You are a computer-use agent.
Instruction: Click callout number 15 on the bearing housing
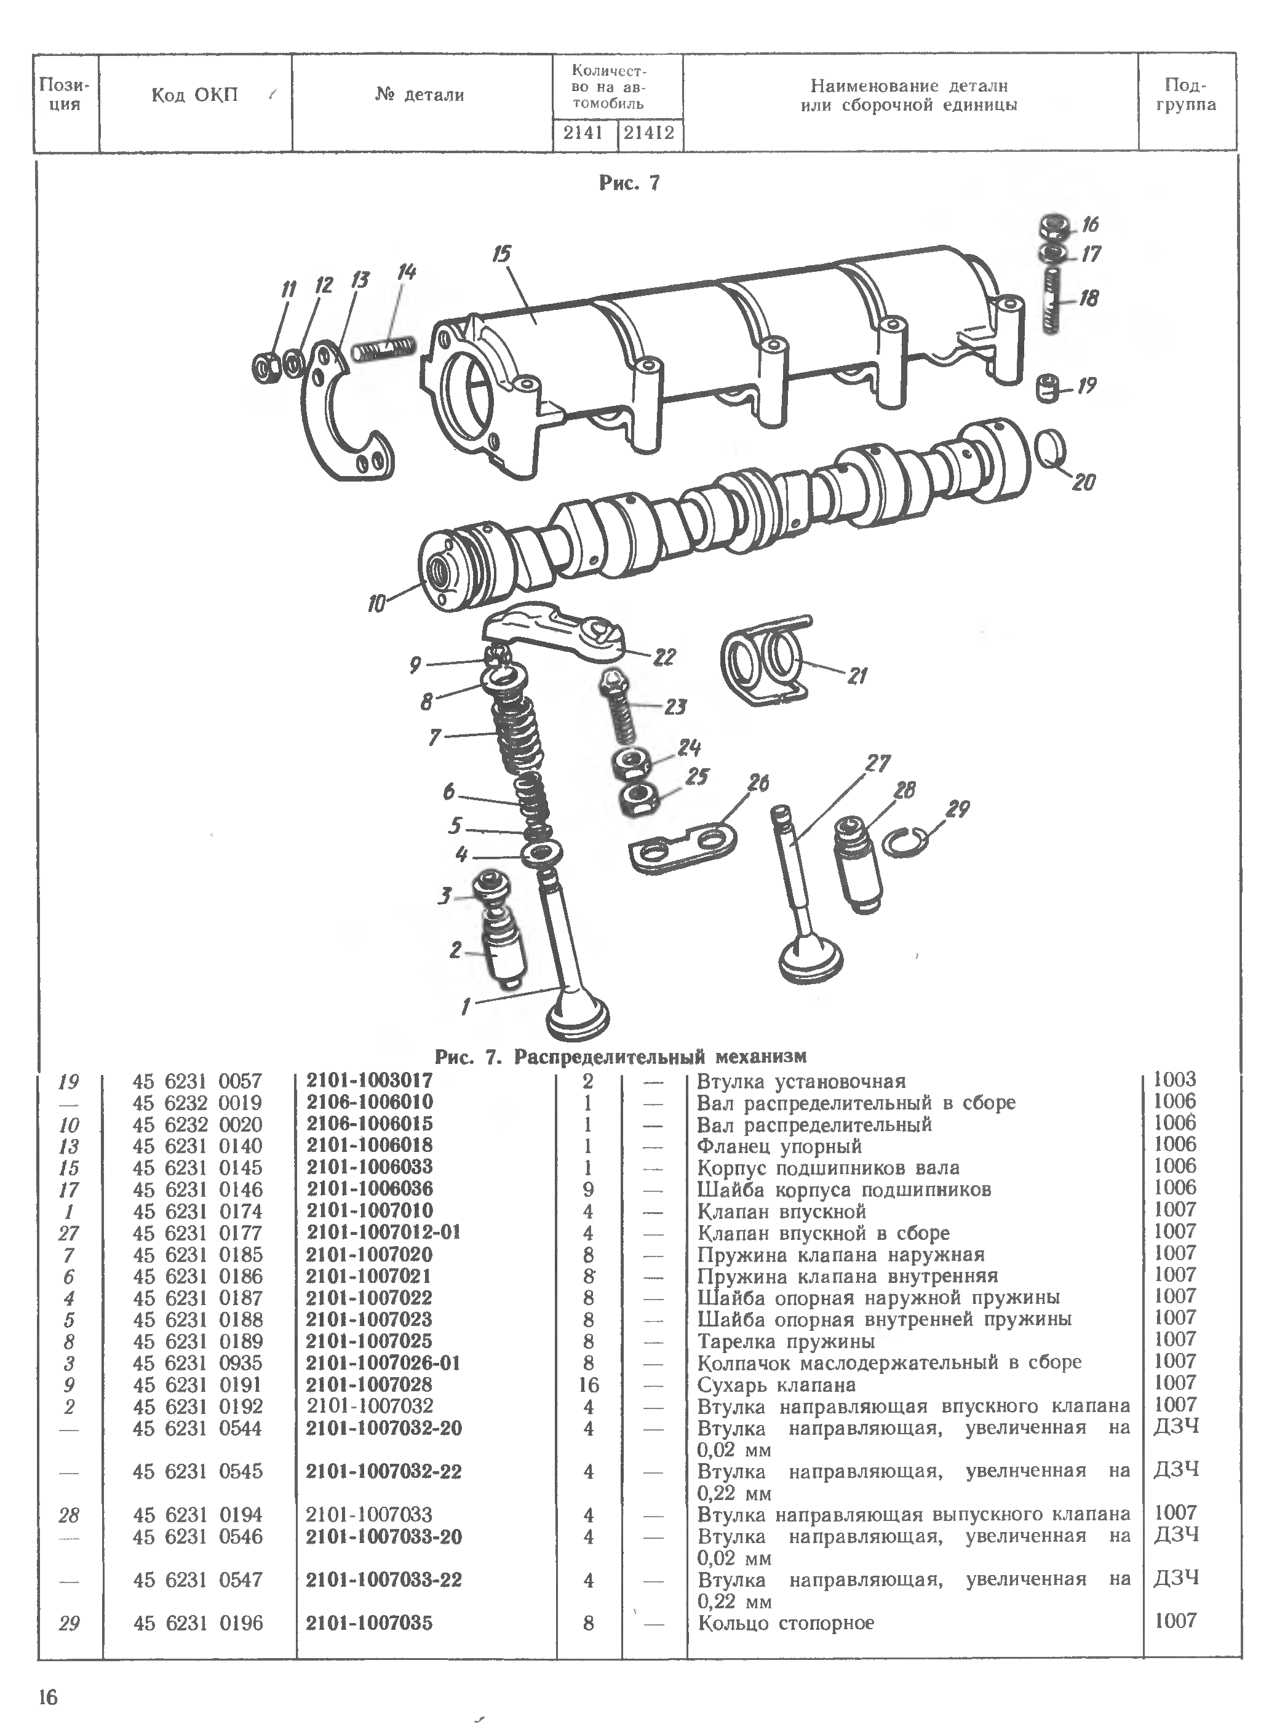[x=502, y=253]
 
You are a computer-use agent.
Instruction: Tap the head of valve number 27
[x=810, y=962]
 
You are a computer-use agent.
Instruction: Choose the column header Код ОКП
[x=195, y=96]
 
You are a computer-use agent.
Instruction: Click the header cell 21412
[x=650, y=133]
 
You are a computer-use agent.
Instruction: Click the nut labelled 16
[x=1051, y=226]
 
